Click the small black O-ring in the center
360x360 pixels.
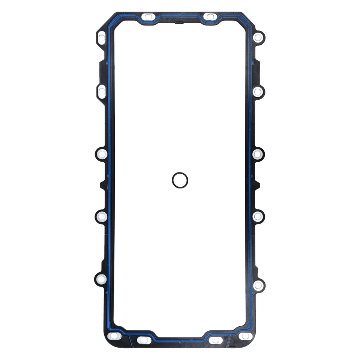coord(180,180)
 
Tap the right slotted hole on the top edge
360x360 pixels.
coord(210,17)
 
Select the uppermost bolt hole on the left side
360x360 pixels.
coord(102,37)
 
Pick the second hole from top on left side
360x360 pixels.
coord(102,91)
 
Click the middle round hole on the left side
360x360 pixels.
coord(102,154)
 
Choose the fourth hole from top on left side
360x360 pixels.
coord(102,216)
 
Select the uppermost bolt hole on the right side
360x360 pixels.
coord(258,37)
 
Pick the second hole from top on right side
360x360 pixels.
coord(258,91)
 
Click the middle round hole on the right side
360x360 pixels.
coord(258,154)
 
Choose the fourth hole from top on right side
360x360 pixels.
coord(258,216)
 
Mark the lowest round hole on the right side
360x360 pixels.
coord(258,285)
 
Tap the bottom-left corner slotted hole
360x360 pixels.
coord(114,336)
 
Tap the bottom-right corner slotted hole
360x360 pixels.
coord(246,336)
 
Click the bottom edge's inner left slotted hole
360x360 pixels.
coord(144,340)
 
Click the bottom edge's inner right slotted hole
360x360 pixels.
coord(216,340)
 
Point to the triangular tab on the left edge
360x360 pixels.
coord(102,185)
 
